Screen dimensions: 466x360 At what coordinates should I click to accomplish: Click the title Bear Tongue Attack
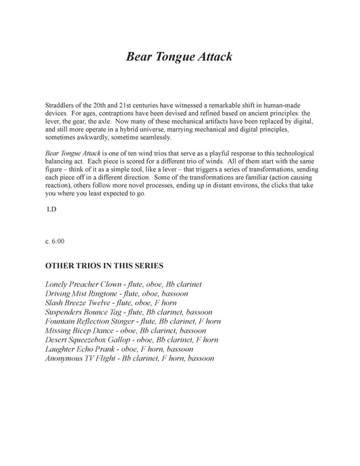pyautogui.click(x=179, y=57)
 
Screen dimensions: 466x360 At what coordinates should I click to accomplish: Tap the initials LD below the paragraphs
pyautogui.click(x=51, y=210)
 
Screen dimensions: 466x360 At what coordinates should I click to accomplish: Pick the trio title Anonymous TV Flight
pyautogui.click(x=80, y=359)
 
